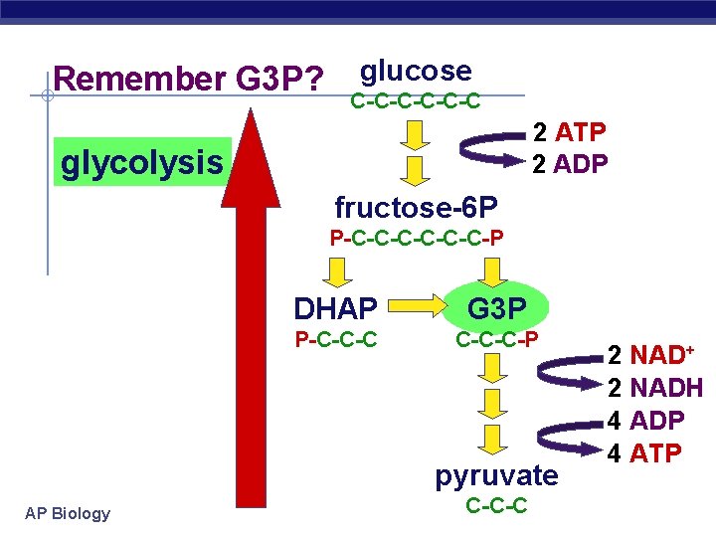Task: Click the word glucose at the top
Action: pos(416,71)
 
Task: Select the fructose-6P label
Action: pos(416,208)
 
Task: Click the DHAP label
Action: pos(335,308)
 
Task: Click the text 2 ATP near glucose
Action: pos(570,132)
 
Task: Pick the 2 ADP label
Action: pos(570,163)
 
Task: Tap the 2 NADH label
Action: pos(655,388)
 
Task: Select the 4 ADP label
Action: pos(645,421)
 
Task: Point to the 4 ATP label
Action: pos(644,453)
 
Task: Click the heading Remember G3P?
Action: pos(188,79)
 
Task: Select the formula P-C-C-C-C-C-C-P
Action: pos(416,238)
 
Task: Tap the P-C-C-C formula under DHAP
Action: pos(335,340)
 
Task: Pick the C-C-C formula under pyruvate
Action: pos(496,507)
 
